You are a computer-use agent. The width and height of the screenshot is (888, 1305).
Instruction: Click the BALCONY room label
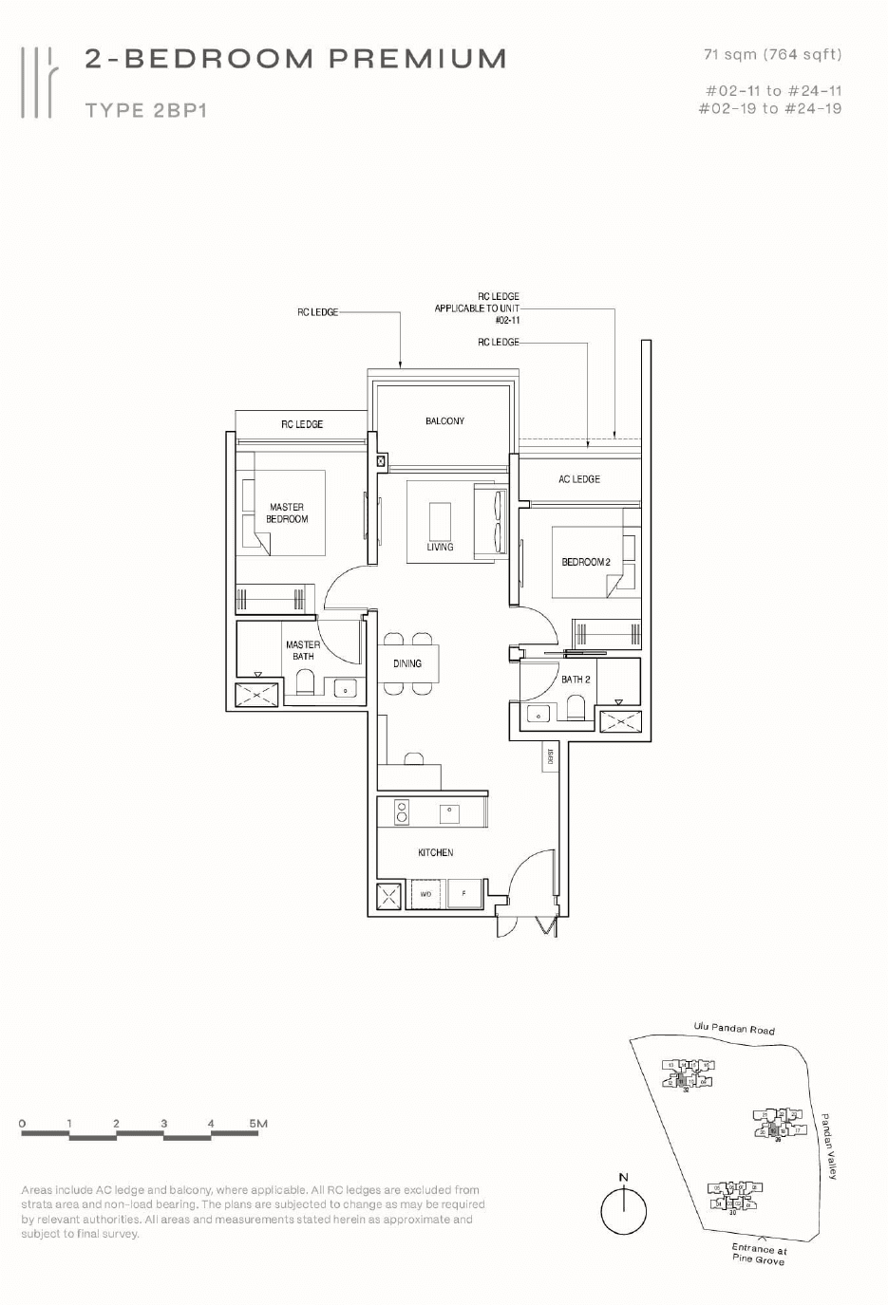click(444, 420)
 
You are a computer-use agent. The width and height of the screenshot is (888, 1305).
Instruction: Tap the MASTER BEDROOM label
click(287, 513)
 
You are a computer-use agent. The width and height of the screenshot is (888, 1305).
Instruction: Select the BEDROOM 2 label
click(586, 562)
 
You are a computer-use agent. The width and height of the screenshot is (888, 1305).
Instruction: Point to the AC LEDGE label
click(579, 479)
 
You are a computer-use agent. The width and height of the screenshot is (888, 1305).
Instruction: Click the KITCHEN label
click(436, 852)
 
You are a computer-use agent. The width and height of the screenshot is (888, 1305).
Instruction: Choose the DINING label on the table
click(407, 663)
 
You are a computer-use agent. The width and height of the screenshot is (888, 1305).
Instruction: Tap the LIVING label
click(440, 547)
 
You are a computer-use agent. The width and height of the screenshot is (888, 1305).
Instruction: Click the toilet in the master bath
click(305, 683)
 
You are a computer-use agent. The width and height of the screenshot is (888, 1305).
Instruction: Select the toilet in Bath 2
click(575, 707)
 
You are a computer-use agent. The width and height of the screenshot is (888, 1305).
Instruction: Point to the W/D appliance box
click(426, 894)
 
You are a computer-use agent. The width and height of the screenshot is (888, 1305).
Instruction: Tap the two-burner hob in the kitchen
click(402, 811)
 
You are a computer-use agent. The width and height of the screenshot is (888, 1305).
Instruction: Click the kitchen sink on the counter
click(449, 812)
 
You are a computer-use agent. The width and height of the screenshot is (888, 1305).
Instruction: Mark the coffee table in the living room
click(440, 521)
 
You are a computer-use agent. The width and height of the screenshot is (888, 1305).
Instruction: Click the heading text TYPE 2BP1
click(146, 110)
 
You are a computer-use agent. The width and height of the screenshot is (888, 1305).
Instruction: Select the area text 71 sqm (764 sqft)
click(772, 55)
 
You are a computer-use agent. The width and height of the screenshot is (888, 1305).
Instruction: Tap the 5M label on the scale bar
click(258, 1123)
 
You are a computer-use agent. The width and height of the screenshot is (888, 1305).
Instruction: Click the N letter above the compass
click(624, 1177)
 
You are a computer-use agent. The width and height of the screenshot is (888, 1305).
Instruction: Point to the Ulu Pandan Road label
click(734, 1028)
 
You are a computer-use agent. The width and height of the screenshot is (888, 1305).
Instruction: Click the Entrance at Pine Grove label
click(759, 1254)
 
